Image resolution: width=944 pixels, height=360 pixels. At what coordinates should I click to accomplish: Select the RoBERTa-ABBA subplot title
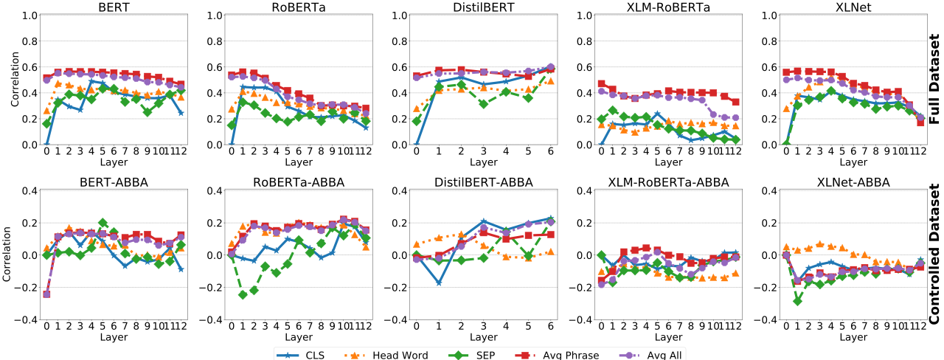298,182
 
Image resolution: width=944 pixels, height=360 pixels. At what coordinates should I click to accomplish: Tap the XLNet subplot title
852,7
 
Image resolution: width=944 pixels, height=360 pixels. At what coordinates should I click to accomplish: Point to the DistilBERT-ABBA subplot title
483,182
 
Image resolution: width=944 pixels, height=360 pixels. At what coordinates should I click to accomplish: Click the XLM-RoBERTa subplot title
667,7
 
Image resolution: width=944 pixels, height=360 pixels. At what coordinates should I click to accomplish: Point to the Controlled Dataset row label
935,255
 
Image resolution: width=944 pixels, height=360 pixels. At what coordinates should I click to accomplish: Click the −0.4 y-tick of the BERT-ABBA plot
27,319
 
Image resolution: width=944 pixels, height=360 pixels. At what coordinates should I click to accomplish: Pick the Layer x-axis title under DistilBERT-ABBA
483,336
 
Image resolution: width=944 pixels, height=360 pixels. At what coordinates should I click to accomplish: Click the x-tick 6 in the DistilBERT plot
550,150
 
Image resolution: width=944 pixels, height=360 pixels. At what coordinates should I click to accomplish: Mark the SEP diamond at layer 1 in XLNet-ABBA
797,300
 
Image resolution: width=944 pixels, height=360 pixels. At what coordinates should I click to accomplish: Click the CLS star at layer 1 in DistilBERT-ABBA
439,283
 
